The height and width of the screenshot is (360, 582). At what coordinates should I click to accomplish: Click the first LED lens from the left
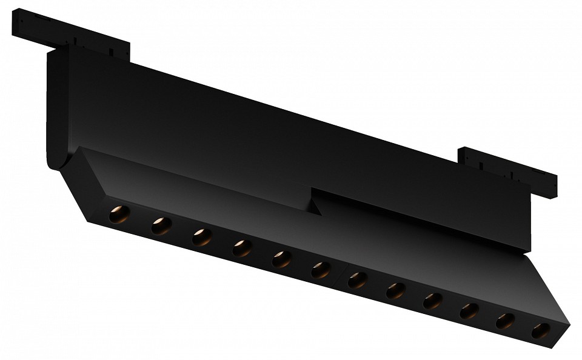[119, 214]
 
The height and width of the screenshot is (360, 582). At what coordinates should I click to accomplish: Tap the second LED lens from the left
[161, 226]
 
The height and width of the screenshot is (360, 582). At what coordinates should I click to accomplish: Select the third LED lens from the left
[201, 237]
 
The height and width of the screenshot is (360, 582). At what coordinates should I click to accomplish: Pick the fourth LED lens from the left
[241, 248]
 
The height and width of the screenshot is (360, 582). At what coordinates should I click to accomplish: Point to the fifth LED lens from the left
[281, 259]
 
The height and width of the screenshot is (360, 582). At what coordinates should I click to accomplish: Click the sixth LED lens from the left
[320, 270]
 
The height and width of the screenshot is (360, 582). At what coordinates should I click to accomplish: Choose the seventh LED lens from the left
[357, 280]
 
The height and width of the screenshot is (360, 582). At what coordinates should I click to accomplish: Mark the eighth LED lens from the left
[395, 290]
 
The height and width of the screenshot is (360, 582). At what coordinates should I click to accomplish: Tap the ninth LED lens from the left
[432, 301]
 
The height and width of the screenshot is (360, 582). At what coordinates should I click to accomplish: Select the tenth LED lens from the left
[469, 311]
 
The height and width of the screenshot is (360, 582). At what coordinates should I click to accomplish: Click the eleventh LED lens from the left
[505, 321]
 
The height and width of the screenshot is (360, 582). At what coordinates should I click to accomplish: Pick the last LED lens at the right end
[540, 331]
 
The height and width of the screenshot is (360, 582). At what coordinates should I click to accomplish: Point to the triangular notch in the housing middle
[315, 206]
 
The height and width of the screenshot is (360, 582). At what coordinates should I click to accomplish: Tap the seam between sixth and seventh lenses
[339, 275]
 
